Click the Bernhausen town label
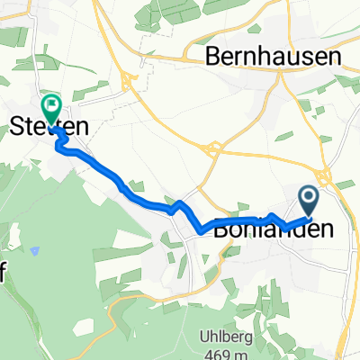[x=274, y=56]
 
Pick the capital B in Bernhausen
[x=214, y=56]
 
